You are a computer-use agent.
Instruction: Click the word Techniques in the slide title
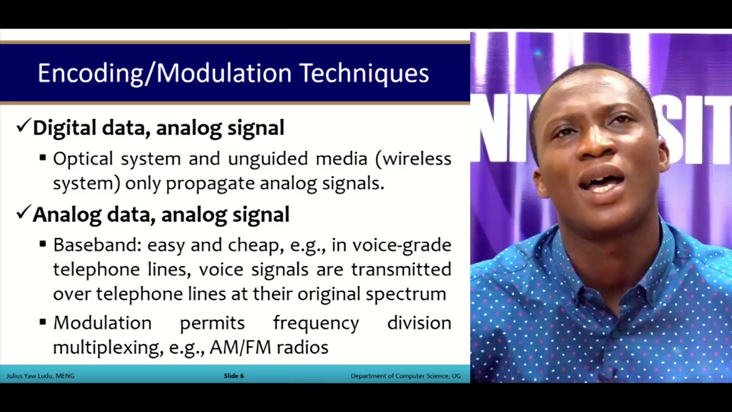coord(364,74)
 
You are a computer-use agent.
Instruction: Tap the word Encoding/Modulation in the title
coord(165,74)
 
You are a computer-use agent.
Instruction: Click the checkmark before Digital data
coord(23,126)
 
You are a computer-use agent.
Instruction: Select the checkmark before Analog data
coord(23,213)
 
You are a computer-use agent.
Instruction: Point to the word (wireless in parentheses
coord(413,159)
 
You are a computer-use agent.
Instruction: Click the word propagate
coord(209,183)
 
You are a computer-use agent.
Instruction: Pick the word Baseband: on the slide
coord(97,245)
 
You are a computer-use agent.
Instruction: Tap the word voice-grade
coord(401,245)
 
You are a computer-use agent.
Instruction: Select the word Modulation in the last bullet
coord(102,323)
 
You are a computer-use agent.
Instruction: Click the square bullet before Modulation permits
coord(43,323)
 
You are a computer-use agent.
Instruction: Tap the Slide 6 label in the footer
coord(234,376)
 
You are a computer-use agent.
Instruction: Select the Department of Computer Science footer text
coord(405,376)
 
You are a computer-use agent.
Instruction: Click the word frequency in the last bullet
coord(316,323)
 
